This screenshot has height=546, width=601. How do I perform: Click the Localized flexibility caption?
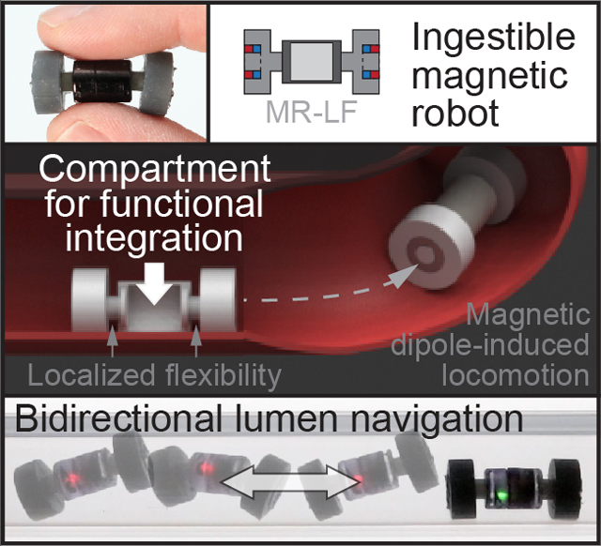click(x=155, y=376)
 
